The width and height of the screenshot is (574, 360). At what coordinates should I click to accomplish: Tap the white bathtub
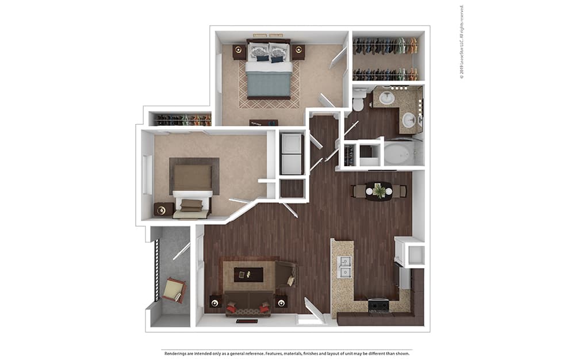click(398, 154)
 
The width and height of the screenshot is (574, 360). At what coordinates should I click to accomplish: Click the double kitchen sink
click(345, 267)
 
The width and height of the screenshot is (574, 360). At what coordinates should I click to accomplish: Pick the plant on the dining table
click(379, 190)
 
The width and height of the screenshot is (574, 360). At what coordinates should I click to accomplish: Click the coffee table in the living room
click(248, 274)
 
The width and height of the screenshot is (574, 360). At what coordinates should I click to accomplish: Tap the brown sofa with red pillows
click(248, 304)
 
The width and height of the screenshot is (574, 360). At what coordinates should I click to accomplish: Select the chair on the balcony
click(174, 290)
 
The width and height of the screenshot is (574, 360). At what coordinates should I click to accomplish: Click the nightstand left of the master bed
click(239, 52)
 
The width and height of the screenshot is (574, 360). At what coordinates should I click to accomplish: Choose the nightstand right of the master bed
click(299, 52)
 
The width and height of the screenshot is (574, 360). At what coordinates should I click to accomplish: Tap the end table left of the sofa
click(215, 301)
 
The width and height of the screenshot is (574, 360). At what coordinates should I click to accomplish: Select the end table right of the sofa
click(281, 301)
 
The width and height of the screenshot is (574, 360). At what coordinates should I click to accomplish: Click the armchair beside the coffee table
click(286, 274)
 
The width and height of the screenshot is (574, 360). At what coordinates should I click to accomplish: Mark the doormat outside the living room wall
click(247, 321)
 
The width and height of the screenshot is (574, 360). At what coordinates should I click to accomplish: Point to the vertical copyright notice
click(462, 42)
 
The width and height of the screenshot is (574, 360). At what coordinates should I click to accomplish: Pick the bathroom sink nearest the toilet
click(385, 97)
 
